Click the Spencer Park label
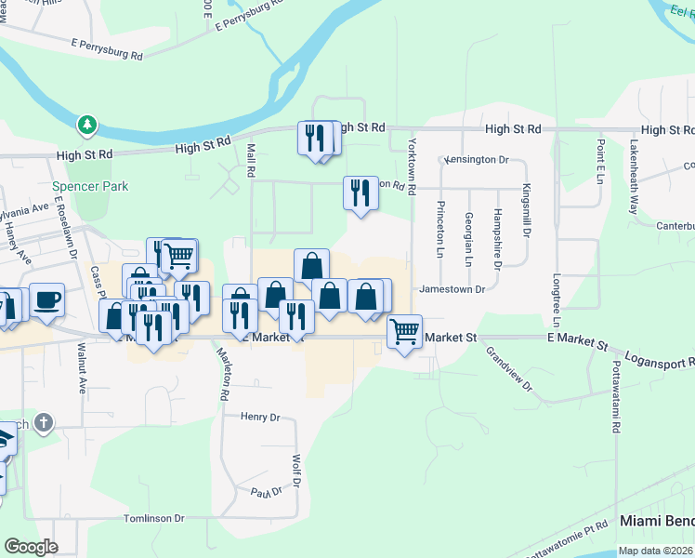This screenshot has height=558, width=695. [x=90, y=186]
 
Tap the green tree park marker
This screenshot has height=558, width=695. [x=87, y=124]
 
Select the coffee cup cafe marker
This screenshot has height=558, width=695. [x=47, y=299]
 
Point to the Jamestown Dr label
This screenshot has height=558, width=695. [x=452, y=289]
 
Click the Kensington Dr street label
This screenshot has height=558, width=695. [x=477, y=160]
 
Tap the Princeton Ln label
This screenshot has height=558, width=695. [x=440, y=228]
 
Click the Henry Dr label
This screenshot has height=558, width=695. [x=260, y=418]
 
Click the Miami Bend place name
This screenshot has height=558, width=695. [x=656, y=523]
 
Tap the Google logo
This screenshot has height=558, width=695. [x=31, y=547]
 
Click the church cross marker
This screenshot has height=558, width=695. [x=43, y=424]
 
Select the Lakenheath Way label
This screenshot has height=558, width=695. [x=634, y=177]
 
